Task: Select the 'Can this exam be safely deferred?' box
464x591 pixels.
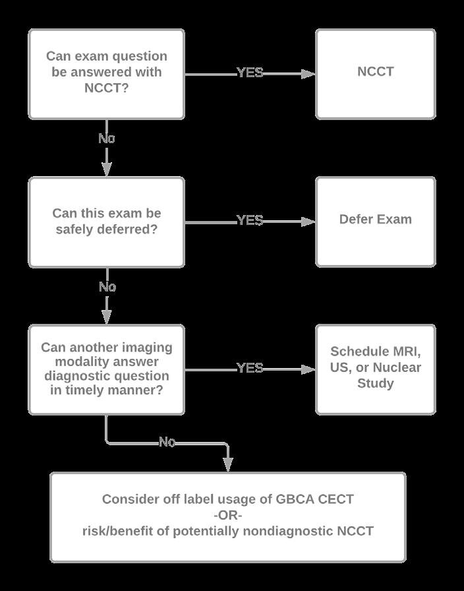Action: click(x=106, y=222)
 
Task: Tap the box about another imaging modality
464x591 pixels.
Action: click(x=106, y=369)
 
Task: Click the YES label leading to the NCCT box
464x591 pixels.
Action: click(x=250, y=73)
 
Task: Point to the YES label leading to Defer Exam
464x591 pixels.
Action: click(x=250, y=220)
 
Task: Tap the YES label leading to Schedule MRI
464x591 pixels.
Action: click(x=250, y=368)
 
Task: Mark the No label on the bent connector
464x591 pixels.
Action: click(x=167, y=442)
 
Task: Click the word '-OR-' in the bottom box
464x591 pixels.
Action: click(x=228, y=514)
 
